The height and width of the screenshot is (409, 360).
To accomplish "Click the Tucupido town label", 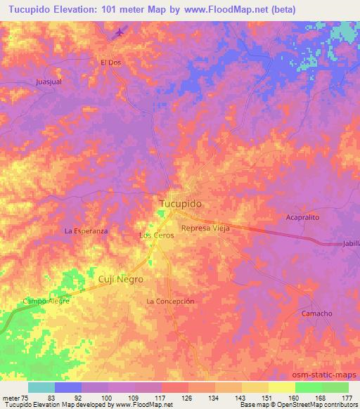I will tap(179, 202).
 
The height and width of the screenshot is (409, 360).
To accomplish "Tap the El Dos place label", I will tap(110, 62).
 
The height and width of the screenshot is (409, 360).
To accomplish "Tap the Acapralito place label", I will tap(302, 218).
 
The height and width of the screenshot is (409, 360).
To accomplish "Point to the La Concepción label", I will tap(170, 301).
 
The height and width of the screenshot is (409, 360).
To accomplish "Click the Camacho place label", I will tap(316, 313).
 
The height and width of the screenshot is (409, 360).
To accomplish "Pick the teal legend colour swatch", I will tap(41, 387).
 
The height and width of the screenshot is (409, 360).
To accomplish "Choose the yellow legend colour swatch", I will tap(282, 387).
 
